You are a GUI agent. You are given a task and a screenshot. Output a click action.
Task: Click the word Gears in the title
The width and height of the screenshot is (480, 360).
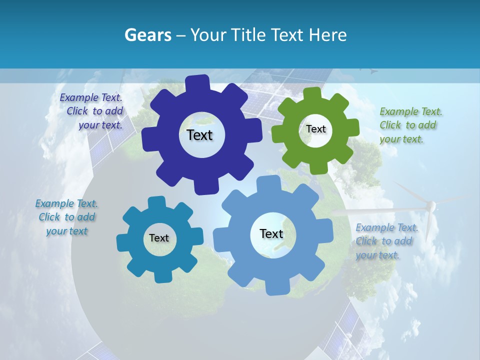(x=148, y=35)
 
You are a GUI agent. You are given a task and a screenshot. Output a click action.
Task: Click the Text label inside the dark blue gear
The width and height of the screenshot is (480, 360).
(x=199, y=135)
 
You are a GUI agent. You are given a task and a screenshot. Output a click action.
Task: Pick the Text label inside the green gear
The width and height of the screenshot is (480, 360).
(x=316, y=129)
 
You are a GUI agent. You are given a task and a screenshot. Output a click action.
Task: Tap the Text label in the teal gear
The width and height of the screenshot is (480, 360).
(x=159, y=238)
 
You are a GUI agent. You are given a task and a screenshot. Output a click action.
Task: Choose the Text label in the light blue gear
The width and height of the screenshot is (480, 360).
(x=271, y=233)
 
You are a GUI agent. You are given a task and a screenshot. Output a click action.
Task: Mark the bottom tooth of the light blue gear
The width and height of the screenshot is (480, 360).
(x=277, y=288)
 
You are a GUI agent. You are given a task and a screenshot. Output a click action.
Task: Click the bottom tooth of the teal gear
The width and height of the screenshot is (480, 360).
(x=162, y=276)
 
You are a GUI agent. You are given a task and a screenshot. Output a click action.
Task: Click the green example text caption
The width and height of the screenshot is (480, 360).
(x=410, y=125)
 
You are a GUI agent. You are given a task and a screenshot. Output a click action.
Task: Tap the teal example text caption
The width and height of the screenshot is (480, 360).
(x=66, y=217)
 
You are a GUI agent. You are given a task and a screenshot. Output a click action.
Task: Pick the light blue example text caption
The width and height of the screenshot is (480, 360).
(x=385, y=241)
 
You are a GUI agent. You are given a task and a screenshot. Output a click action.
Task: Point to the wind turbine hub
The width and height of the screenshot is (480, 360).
(x=430, y=204)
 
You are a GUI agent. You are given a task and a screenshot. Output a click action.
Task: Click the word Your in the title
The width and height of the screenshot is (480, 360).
(x=207, y=35)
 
